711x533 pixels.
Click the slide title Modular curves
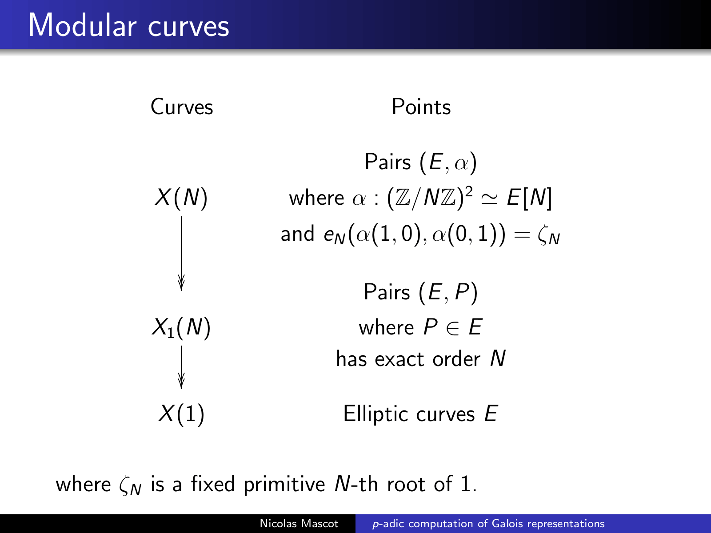[128, 25]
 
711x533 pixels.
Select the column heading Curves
[182, 107]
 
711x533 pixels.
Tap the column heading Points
[421, 107]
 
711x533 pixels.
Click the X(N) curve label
[181, 197]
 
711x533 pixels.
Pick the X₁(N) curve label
[181, 327]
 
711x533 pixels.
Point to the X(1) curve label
[181, 414]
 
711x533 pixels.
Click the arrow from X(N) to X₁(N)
[181, 253]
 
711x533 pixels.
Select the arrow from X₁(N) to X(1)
[181, 367]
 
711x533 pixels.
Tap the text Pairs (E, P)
[421, 292]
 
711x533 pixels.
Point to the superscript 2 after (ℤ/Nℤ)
[468, 193]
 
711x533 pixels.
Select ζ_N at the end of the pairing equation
[548, 236]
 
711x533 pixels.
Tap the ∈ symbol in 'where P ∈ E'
[453, 328]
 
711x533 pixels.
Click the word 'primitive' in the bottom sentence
[284, 485]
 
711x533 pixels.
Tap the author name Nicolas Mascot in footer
[299, 523]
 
